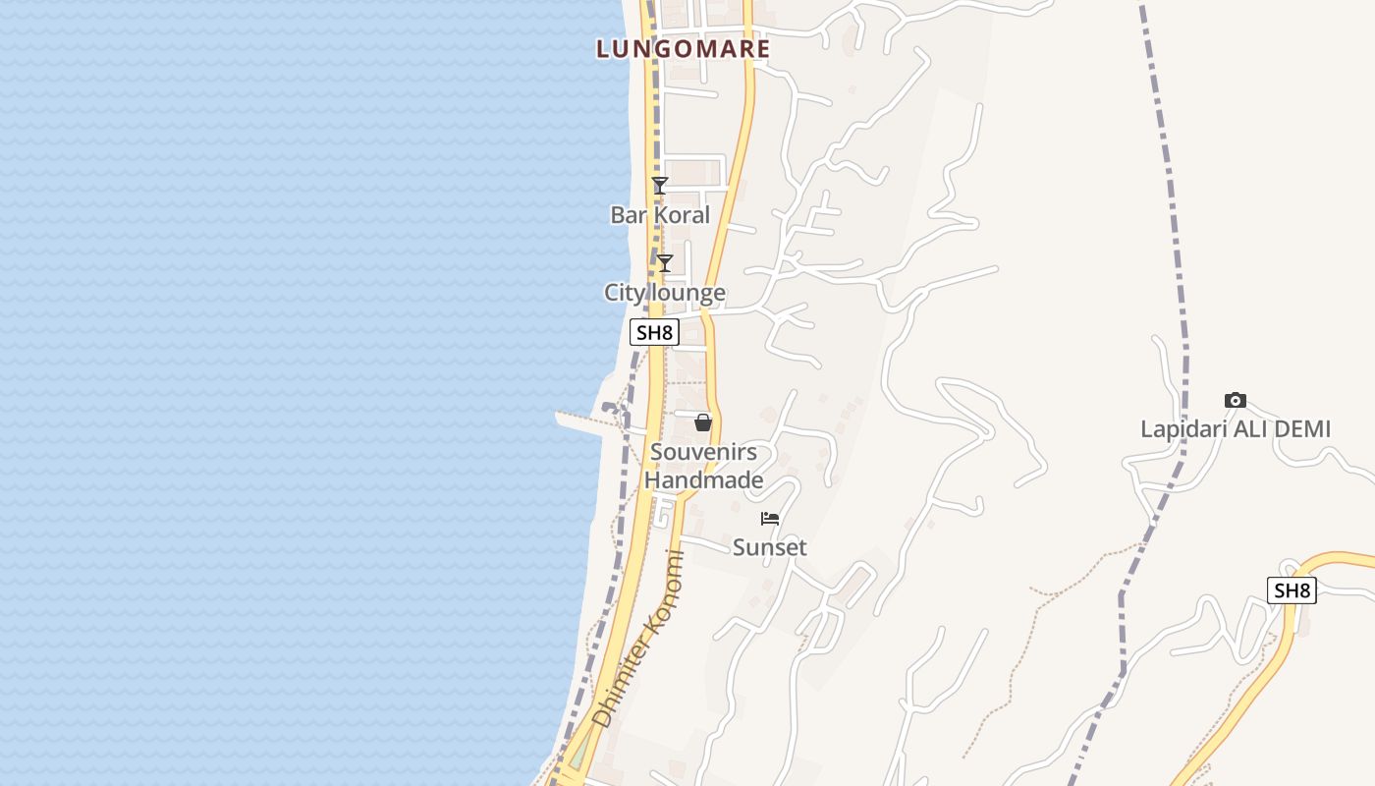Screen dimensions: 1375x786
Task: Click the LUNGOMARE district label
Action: (x=683, y=48)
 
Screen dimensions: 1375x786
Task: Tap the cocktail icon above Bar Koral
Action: (x=660, y=185)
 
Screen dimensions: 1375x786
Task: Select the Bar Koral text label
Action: (x=660, y=214)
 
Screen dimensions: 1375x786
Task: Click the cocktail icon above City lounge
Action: (x=665, y=262)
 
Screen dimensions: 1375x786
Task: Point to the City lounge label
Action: (x=665, y=292)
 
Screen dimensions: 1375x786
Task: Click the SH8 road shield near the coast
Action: (x=654, y=332)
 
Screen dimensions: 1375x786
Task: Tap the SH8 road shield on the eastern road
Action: (x=1292, y=590)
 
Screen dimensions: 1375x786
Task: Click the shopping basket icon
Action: (x=703, y=422)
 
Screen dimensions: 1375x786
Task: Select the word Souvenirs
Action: (x=703, y=452)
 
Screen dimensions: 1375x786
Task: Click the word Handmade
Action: (x=703, y=480)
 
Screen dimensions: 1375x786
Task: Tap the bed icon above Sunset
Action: (x=770, y=518)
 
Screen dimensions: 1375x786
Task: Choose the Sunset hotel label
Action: (x=770, y=547)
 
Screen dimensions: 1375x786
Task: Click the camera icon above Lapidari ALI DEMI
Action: (x=1236, y=400)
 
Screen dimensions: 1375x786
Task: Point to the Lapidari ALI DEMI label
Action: (x=1236, y=429)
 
